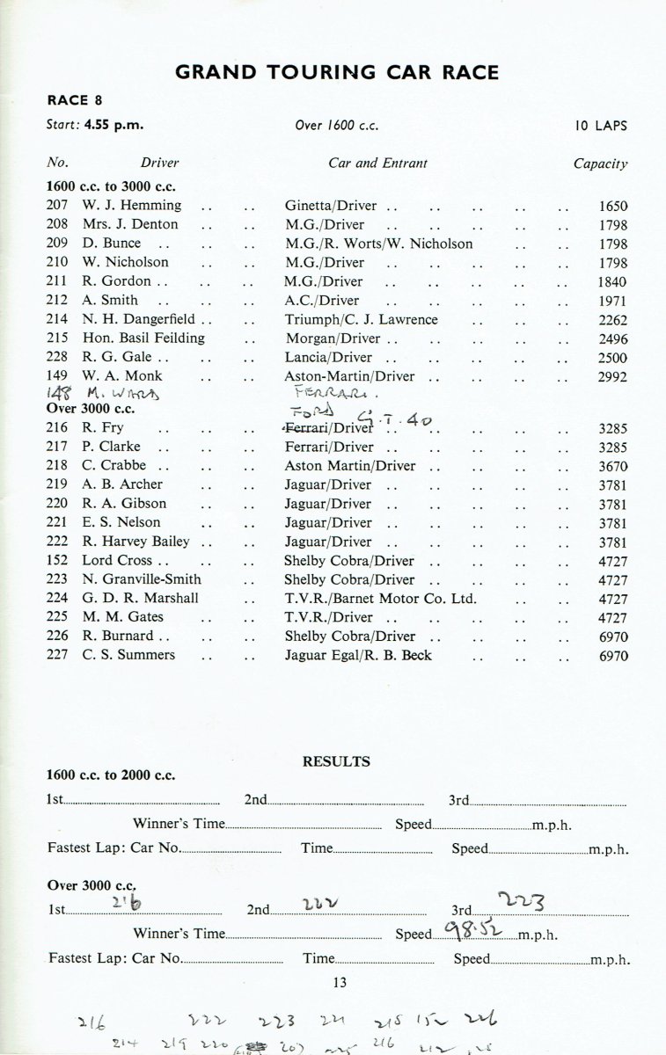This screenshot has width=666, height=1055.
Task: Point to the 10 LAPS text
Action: click(602, 125)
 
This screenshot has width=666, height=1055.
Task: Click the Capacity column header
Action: click(601, 163)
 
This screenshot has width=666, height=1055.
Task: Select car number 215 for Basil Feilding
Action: click(57, 338)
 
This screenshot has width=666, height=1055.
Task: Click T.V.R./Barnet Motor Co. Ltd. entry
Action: click(380, 599)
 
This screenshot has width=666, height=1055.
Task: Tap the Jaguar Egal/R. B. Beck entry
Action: click(358, 655)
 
